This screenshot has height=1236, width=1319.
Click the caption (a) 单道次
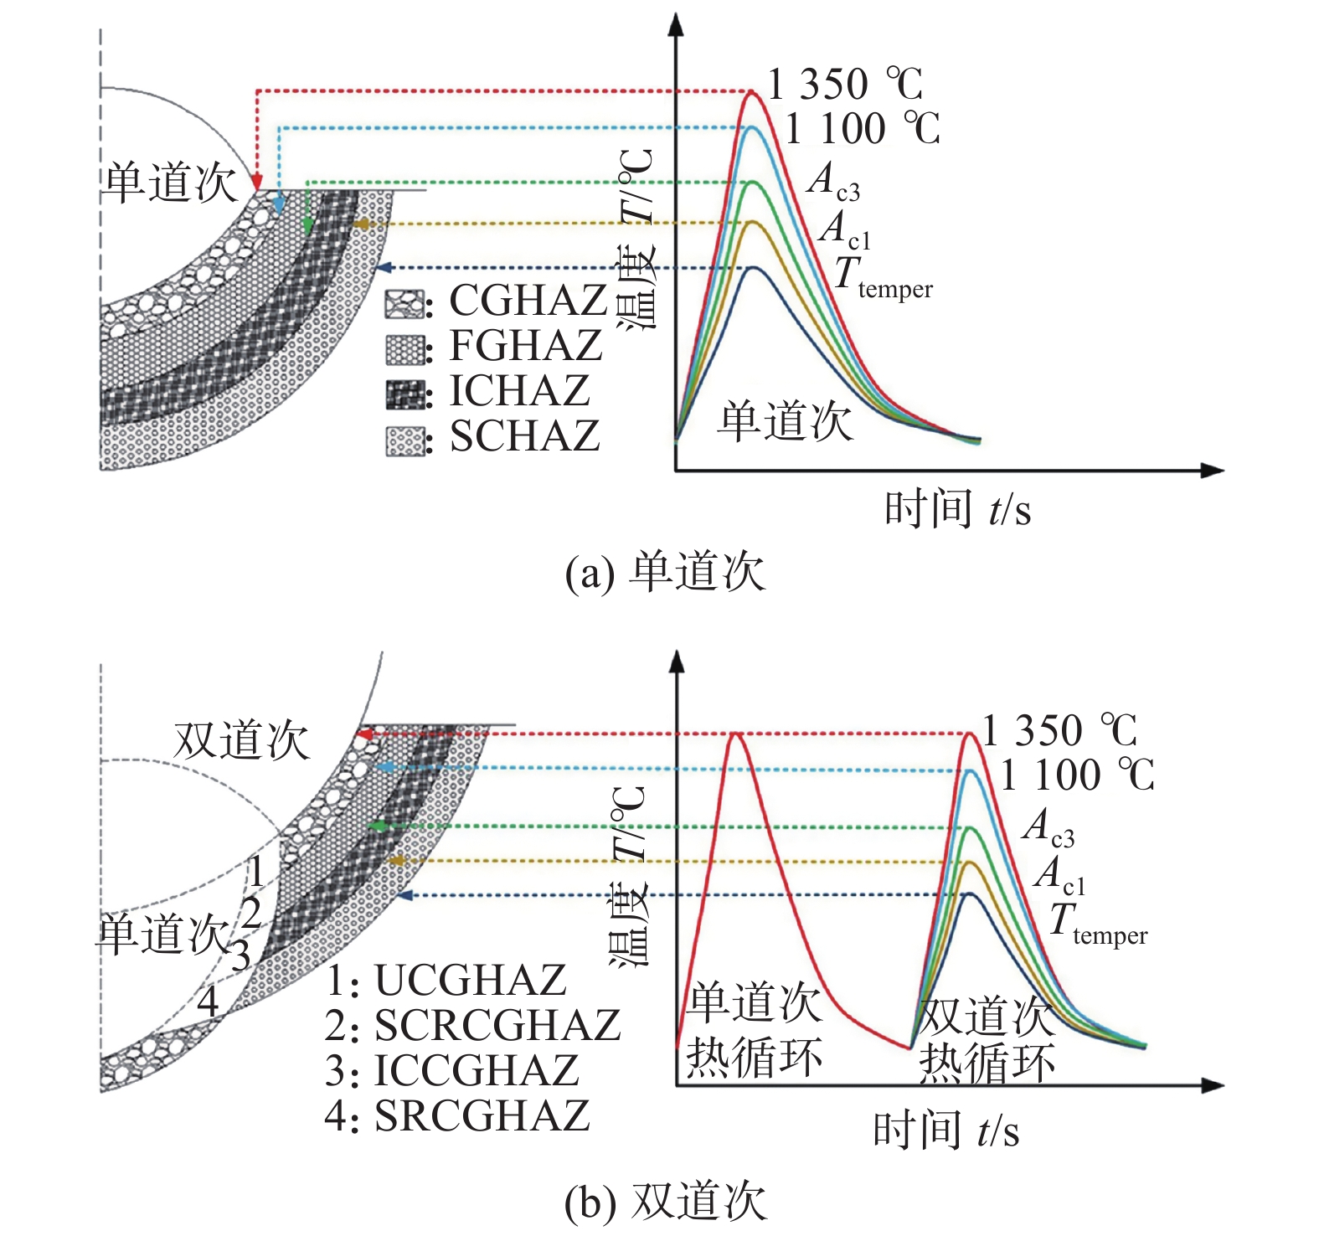(665, 573)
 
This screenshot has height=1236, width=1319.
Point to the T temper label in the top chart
(884, 277)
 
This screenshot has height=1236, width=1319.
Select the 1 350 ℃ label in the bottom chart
(1059, 731)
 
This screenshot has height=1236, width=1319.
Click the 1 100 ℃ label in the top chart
(863, 129)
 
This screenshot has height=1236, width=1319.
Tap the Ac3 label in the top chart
(833, 181)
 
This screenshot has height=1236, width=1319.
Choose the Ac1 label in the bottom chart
(1060, 874)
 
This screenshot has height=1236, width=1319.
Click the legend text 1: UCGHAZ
(446, 980)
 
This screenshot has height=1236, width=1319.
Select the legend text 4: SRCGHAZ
(457, 1115)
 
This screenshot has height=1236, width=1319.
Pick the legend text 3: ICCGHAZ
(452, 1070)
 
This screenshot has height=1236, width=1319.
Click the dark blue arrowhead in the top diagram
(384, 268)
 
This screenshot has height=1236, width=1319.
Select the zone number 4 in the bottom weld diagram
(207, 1001)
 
